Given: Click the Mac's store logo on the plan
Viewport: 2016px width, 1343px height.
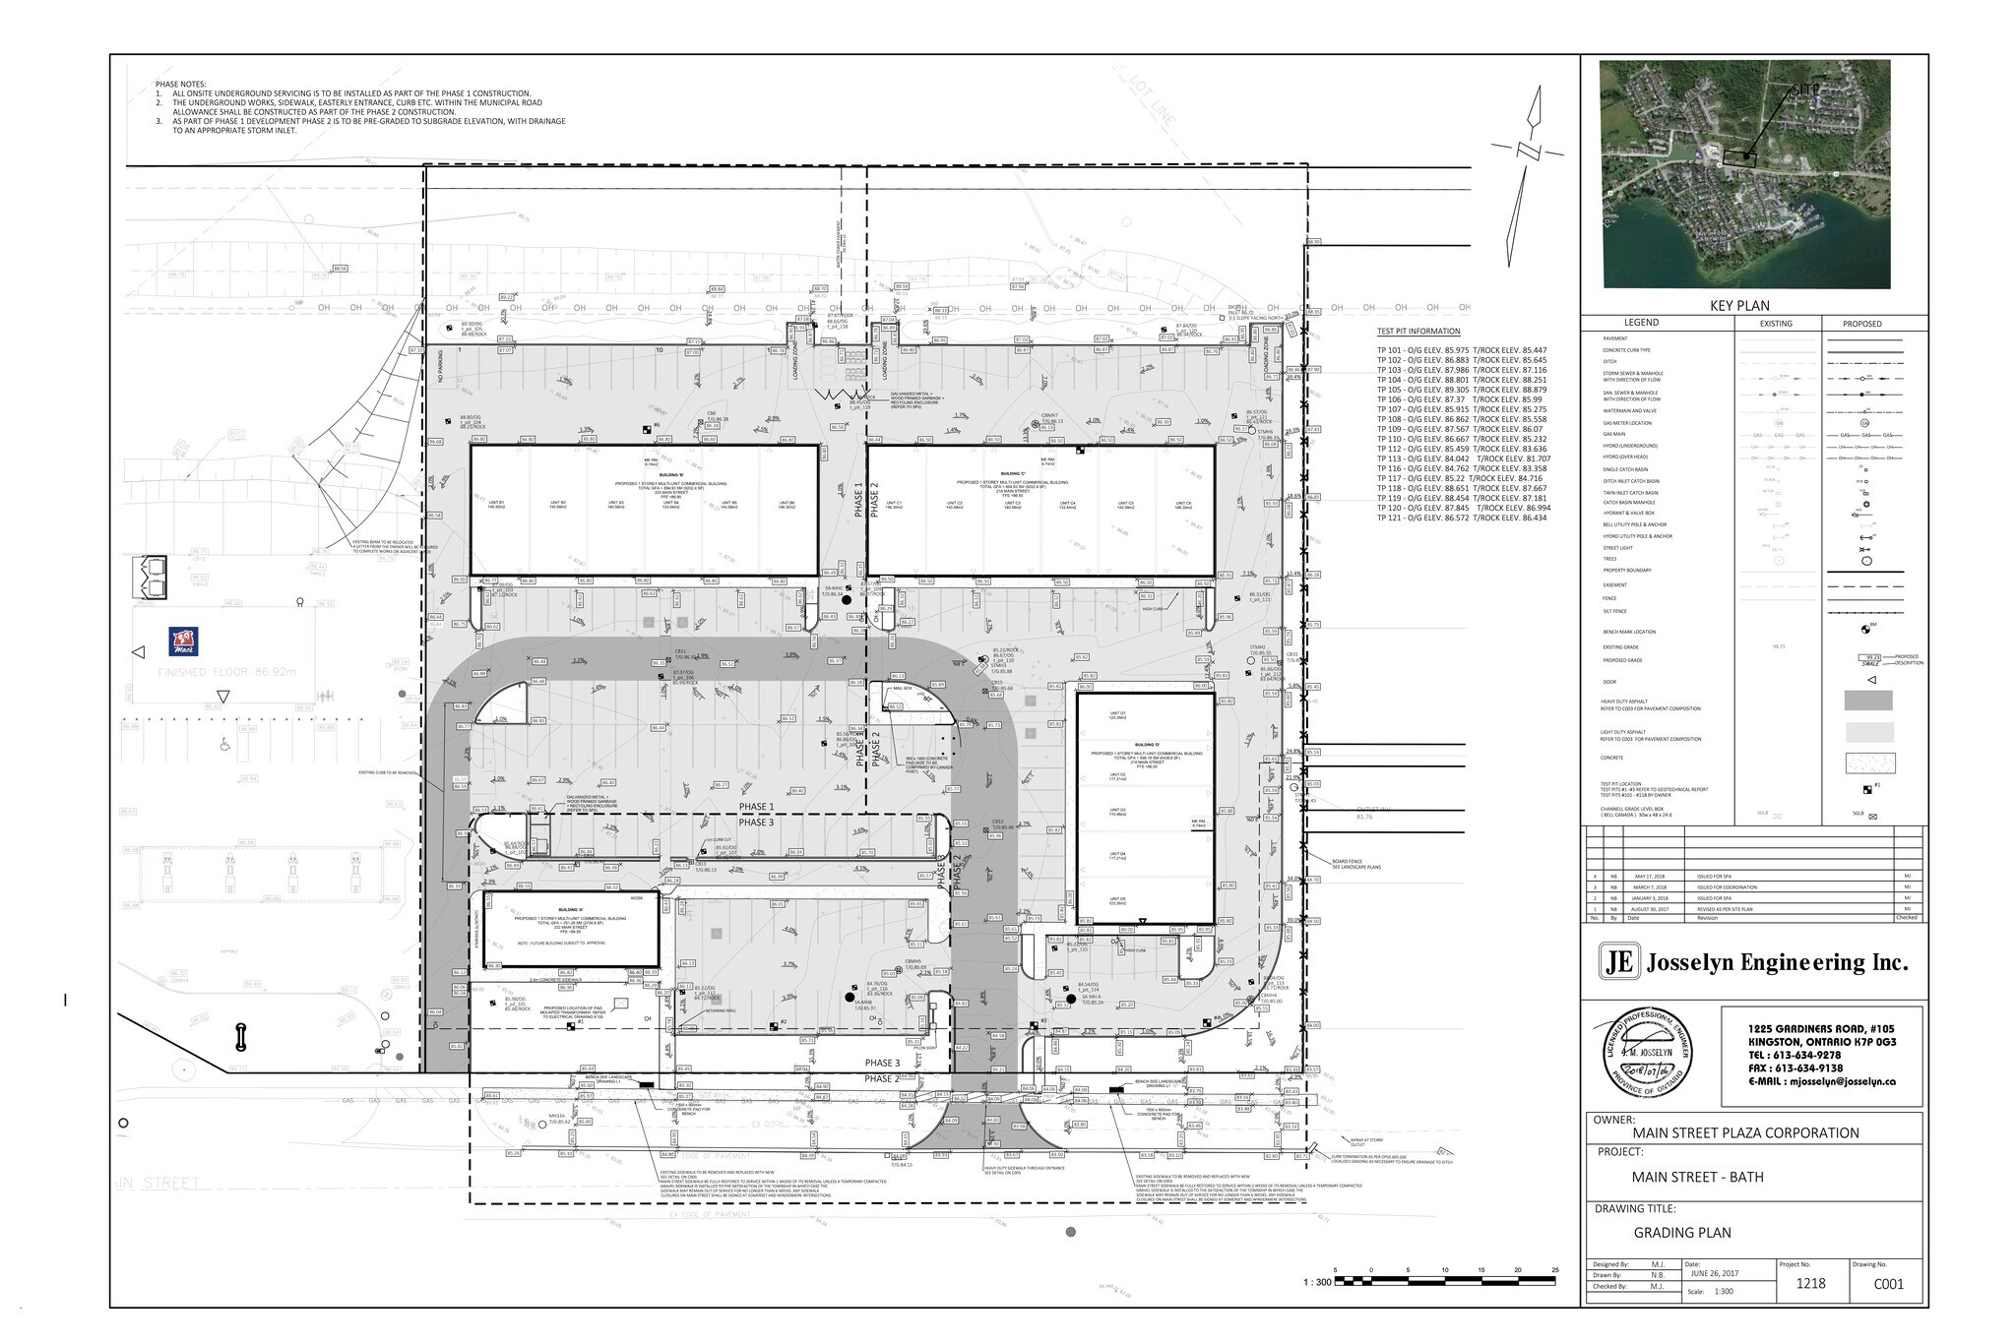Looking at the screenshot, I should [185, 641].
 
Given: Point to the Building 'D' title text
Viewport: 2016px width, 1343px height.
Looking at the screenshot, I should [1146, 745].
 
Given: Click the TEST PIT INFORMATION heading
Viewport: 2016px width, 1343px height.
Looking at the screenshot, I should [1418, 332].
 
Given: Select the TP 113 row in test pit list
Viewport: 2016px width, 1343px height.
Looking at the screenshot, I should [1463, 458].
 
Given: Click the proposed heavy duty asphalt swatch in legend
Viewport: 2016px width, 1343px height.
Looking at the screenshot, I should [1867, 701].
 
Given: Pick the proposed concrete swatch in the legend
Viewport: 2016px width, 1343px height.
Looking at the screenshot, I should [1867, 763].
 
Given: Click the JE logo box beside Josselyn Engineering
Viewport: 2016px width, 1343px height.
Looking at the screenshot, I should [1618, 961].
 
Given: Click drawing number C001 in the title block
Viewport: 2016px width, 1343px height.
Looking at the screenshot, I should [1887, 1283].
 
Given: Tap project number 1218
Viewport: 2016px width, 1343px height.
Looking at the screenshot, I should [1809, 1283].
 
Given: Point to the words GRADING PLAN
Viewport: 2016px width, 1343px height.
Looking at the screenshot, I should [1681, 1232].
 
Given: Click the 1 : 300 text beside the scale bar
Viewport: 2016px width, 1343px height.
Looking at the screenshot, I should [1316, 1282].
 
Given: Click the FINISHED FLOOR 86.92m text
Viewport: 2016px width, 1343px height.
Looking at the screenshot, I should [226, 672].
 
